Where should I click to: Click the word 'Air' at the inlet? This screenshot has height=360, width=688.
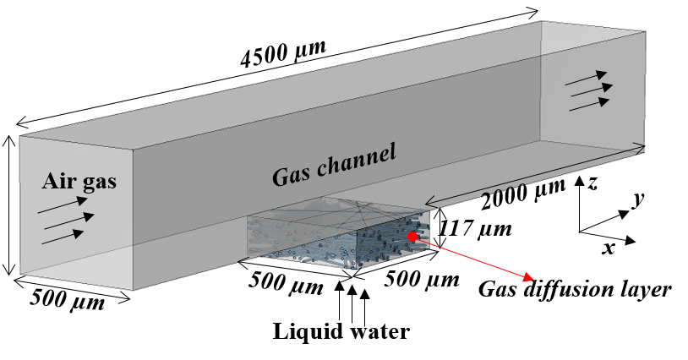pyautogui.click(x=59, y=181)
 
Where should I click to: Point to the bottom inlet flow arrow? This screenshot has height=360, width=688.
pyautogui.click(x=63, y=236)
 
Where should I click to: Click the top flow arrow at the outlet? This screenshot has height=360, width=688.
pyautogui.click(x=586, y=79)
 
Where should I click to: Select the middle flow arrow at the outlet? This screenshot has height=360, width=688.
pyautogui.click(x=591, y=90)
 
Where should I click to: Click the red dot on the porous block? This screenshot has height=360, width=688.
pyautogui.click(x=412, y=237)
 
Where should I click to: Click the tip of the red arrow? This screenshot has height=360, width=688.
pyautogui.click(x=532, y=279)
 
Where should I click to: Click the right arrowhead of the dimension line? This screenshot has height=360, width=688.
pyautogui.click(x=642, y=149)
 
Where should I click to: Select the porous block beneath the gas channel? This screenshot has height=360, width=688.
pyautogui.click(x=338, y=237)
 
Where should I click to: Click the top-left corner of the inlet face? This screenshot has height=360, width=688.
pyautogui.click(x=21, y=135)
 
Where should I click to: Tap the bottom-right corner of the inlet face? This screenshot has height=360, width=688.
pyautogui.click(x=134, y=290)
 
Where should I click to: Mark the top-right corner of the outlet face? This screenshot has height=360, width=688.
pyautogui.click(x=646, y=32)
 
